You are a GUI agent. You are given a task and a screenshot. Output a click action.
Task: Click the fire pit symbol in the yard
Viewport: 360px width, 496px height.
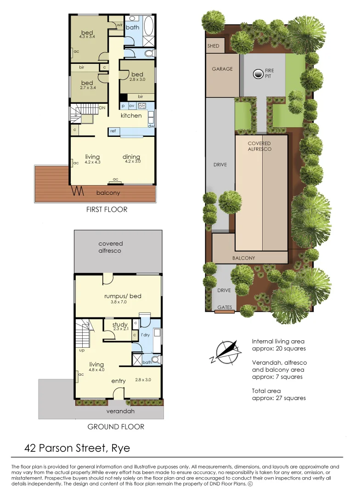[258, 73]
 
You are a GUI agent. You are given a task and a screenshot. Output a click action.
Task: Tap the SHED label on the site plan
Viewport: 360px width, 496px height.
[214, 46]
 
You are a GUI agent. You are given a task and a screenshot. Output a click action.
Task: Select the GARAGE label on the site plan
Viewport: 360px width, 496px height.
[222, 69]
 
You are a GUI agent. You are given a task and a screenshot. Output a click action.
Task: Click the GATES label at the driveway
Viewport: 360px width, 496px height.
[225, 307]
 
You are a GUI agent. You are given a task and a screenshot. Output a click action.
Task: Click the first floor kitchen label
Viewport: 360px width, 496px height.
[131, 116]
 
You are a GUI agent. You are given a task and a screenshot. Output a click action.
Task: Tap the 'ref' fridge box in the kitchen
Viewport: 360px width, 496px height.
[113, 131]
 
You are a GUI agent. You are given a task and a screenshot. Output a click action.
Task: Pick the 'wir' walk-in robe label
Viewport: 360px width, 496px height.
[118, 24]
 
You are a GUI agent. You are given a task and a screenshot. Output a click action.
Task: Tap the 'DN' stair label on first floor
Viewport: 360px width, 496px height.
[102, 108]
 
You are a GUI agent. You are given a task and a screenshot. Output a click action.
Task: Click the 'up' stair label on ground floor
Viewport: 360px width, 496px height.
[82, 350]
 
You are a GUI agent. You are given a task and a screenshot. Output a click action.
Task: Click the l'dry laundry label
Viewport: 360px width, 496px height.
[146, 335]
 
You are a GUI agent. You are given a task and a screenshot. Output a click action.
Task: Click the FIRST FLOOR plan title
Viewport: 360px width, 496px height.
[107, 209]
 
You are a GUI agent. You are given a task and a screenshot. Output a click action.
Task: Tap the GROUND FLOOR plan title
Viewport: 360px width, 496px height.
[116, 427]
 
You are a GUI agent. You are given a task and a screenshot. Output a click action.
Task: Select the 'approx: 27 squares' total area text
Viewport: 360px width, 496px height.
[279, 398]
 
